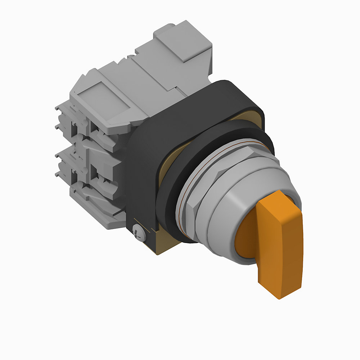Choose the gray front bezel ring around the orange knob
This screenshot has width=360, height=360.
230,216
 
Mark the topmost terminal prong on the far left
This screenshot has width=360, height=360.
58,108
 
